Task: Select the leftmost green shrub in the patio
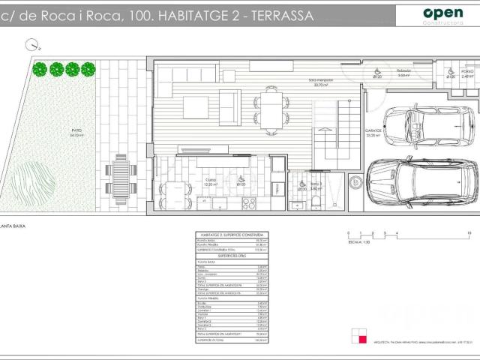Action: point(40,70)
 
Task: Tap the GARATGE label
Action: point(373,131)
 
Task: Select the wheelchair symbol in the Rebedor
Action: point(377,73)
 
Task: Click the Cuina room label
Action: point(210,180)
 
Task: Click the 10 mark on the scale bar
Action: point(468,233)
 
